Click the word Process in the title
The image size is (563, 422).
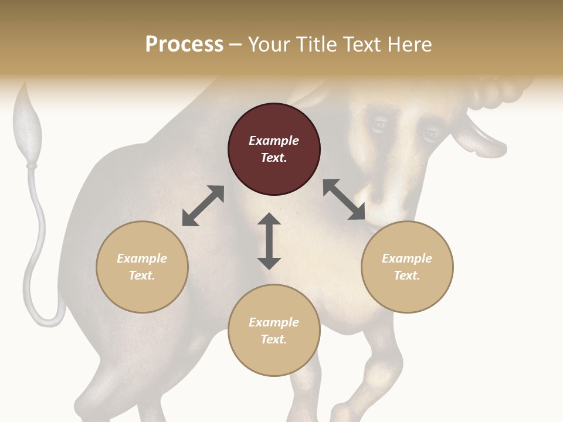point(184,45)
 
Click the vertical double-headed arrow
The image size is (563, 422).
point(269,241)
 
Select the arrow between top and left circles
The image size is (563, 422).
point(203,206)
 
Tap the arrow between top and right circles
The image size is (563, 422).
point(344,199)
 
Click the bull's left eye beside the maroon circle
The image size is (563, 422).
point(379,124)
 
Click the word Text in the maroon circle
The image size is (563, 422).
point(274,158)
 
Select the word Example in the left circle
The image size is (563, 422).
point(142,258)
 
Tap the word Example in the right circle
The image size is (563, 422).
point(407,258)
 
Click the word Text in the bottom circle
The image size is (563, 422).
point(274,339)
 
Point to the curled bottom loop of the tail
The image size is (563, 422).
point(44,314)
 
